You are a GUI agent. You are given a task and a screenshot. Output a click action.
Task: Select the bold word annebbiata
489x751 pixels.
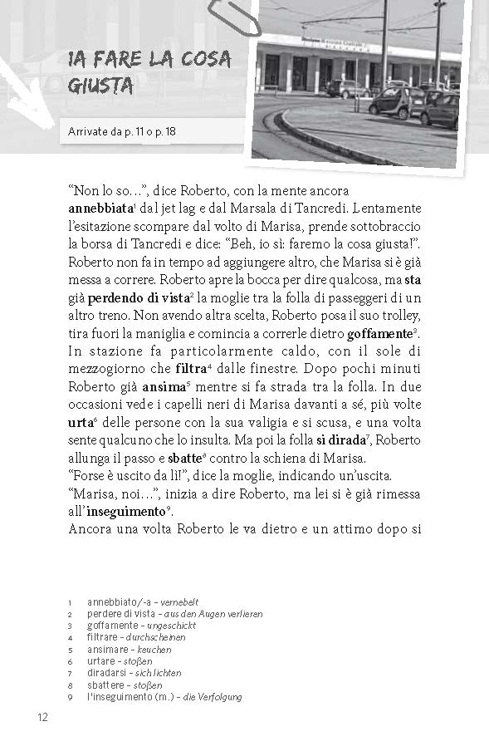click(x=100, y=207)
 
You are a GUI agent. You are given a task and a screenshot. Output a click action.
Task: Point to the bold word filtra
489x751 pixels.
click(x=192, y=368)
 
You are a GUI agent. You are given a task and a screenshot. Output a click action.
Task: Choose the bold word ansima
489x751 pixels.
click(x=166, y=385)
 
